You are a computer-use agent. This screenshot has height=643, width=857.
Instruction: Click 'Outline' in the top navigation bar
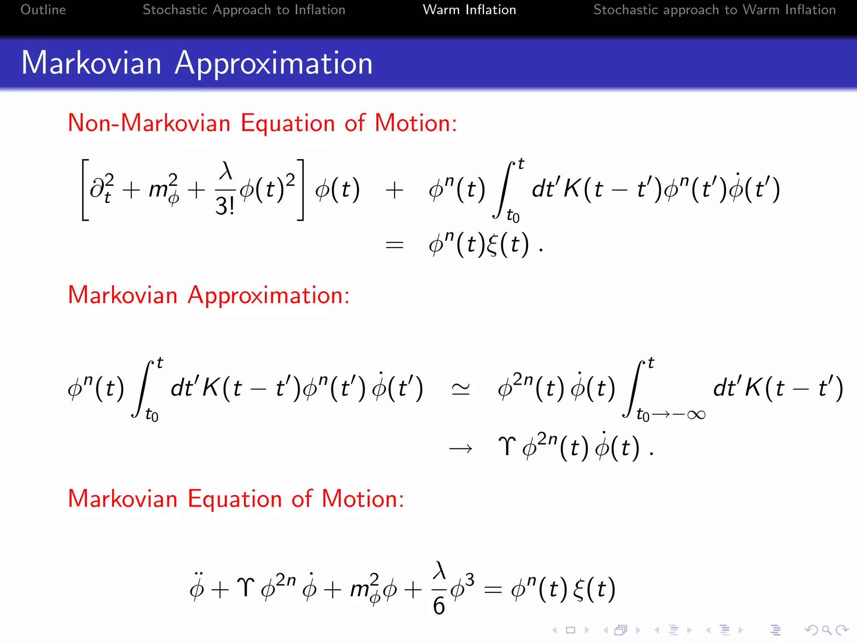[43, 10]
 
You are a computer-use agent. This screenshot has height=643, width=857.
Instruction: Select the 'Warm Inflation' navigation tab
[469, 10]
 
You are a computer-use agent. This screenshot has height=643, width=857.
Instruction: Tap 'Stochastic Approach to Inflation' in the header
[244, 10]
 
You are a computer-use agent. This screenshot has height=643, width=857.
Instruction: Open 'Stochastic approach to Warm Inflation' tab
[714, 10]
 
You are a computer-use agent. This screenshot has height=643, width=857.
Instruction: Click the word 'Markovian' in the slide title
[91, 63]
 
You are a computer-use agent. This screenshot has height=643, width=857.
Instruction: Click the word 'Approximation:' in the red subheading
[268, 296]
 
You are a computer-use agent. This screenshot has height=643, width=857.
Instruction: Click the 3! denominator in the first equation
[225, 206]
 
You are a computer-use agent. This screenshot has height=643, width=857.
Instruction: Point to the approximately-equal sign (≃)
[460, 389]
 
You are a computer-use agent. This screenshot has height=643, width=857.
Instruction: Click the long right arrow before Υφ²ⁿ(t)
[460, 449]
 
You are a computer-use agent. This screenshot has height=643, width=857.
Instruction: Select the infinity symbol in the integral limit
[696, 414]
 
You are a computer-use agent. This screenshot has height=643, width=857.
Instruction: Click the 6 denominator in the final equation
[439, 606]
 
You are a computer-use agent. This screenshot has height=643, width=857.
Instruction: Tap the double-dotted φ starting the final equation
[197, 588]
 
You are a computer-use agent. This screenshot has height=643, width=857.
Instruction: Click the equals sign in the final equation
[493, 589]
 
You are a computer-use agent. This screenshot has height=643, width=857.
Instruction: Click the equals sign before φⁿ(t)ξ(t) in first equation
[394, 245]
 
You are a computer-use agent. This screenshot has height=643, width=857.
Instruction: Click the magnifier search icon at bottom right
[826, 630]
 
